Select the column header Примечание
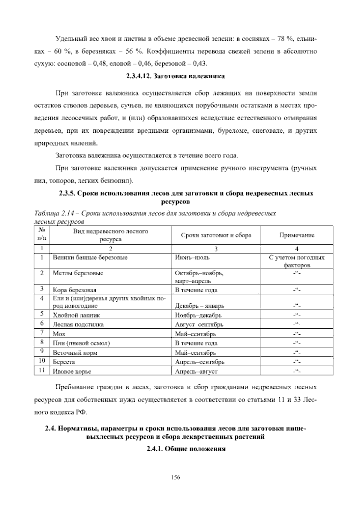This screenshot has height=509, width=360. (297, 235)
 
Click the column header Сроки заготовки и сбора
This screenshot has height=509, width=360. (216, 235)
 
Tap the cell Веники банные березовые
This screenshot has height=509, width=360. (90, 258)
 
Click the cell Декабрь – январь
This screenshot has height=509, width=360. (199, 306)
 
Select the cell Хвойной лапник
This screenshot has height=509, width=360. (76, 315)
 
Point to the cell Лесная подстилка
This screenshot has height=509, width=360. (78, 324)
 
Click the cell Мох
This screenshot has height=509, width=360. (59, 334)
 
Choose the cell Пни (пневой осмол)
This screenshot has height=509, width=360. (81, 343)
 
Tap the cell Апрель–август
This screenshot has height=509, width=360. (196, 372)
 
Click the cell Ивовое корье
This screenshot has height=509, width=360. (72, 372)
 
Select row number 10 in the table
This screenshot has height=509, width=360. (42, 362)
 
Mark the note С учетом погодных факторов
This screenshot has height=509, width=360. (296, 261)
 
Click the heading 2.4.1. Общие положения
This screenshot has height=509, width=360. (186, 449)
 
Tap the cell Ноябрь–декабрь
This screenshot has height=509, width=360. (198, 315)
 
